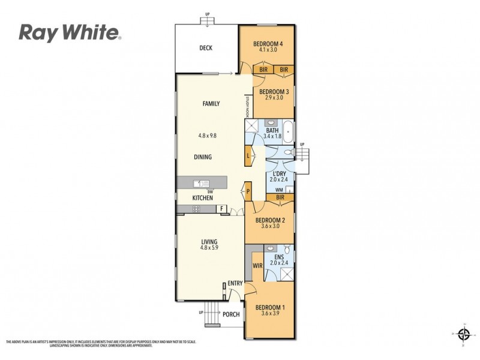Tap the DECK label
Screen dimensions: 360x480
[206, 49]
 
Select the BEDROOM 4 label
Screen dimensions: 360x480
[268, 43]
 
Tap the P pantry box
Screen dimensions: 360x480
[247, 192]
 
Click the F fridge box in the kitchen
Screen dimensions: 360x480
[221, 209]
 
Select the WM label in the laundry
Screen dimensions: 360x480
[278, 190]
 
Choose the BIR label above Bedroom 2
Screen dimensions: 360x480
[280, 197]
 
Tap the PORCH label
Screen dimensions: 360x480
[231, 314]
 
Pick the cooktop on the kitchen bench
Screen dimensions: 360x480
[196, 209]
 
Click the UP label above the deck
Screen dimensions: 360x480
[208, 14]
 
